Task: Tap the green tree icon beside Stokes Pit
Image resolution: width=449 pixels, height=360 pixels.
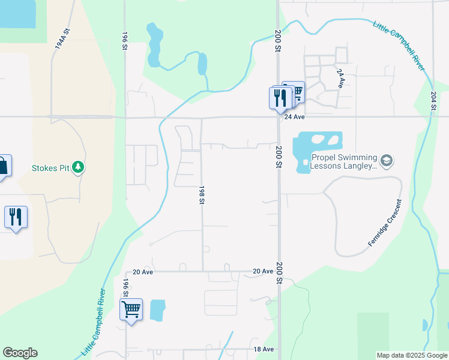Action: (x=77, y=167)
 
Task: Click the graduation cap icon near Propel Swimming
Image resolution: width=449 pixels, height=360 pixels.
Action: (x=387, y=161)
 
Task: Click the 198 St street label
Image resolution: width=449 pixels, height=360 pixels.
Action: (x=202, y=194)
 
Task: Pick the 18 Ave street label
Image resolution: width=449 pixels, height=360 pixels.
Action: (x=264, y=349)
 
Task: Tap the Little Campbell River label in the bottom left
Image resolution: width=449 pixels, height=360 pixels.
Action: (x=94, y=322)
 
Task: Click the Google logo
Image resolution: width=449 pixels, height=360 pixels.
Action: (x=20, y=353)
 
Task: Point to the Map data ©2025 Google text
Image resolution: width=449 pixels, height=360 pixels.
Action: (x=412, y=355)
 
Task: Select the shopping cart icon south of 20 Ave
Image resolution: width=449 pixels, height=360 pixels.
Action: (x=131, y=310)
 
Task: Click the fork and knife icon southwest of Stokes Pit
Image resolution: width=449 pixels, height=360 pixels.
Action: (x=16, y=217)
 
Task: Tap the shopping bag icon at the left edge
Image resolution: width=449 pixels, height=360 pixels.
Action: (x=3, y=166)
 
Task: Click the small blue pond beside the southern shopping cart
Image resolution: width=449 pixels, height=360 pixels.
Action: (x=157, y=310)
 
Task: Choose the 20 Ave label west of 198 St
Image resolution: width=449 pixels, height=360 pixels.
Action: (x=143, y=272)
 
